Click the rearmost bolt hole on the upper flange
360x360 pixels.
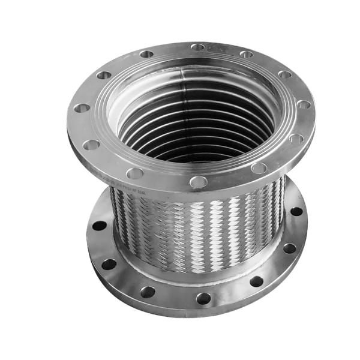pyautogui.click(x=198, y=47)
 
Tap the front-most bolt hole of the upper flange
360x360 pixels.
pyautogui.click(x=198, y=181)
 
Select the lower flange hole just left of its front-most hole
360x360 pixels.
pyautogui.click(x=148, y=292)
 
